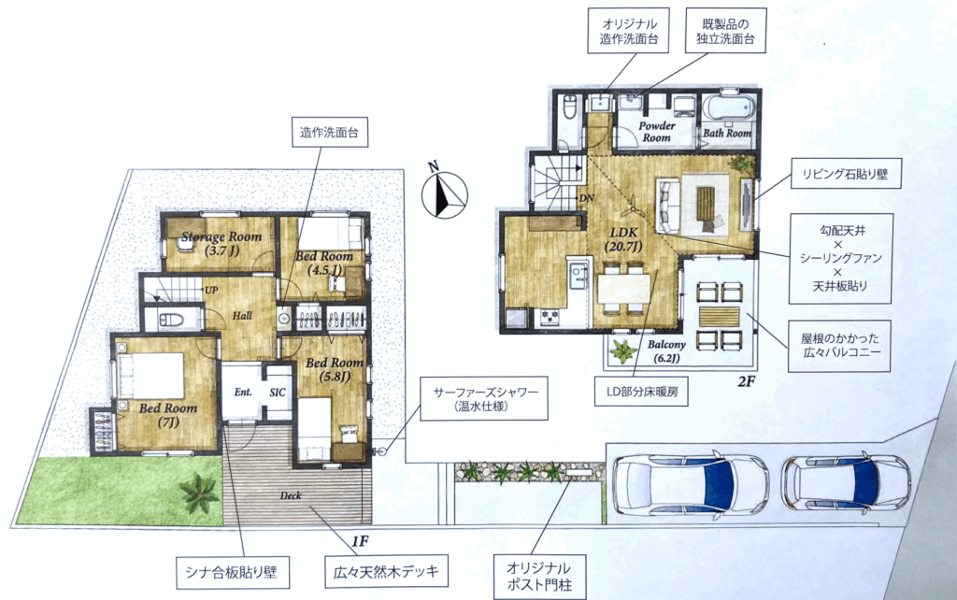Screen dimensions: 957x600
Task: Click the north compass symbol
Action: click(444, 194)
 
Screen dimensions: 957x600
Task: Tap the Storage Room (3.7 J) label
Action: click(221, 243)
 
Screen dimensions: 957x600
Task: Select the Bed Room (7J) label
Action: click(168, 414)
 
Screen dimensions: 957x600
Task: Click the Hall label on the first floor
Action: click(242, 316)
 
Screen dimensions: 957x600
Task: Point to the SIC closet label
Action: click(278, 393)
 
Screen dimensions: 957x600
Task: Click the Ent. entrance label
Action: click(243, 392)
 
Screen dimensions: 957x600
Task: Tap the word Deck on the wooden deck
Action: click(291, 495)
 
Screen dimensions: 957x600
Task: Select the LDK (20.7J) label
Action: click(623, 239)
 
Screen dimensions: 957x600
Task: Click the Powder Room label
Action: click(657, 131)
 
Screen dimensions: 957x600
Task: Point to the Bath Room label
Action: click(727, 133)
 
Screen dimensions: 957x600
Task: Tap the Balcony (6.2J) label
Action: click(666, 351)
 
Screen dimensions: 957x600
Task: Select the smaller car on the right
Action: click(846, 483)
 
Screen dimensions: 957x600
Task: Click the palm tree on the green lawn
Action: click(199, 493)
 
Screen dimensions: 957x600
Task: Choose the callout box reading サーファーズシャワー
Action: click(484, 398)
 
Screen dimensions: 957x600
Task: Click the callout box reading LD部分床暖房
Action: click(642, 392)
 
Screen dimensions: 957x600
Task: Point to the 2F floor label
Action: click(747, 382)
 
